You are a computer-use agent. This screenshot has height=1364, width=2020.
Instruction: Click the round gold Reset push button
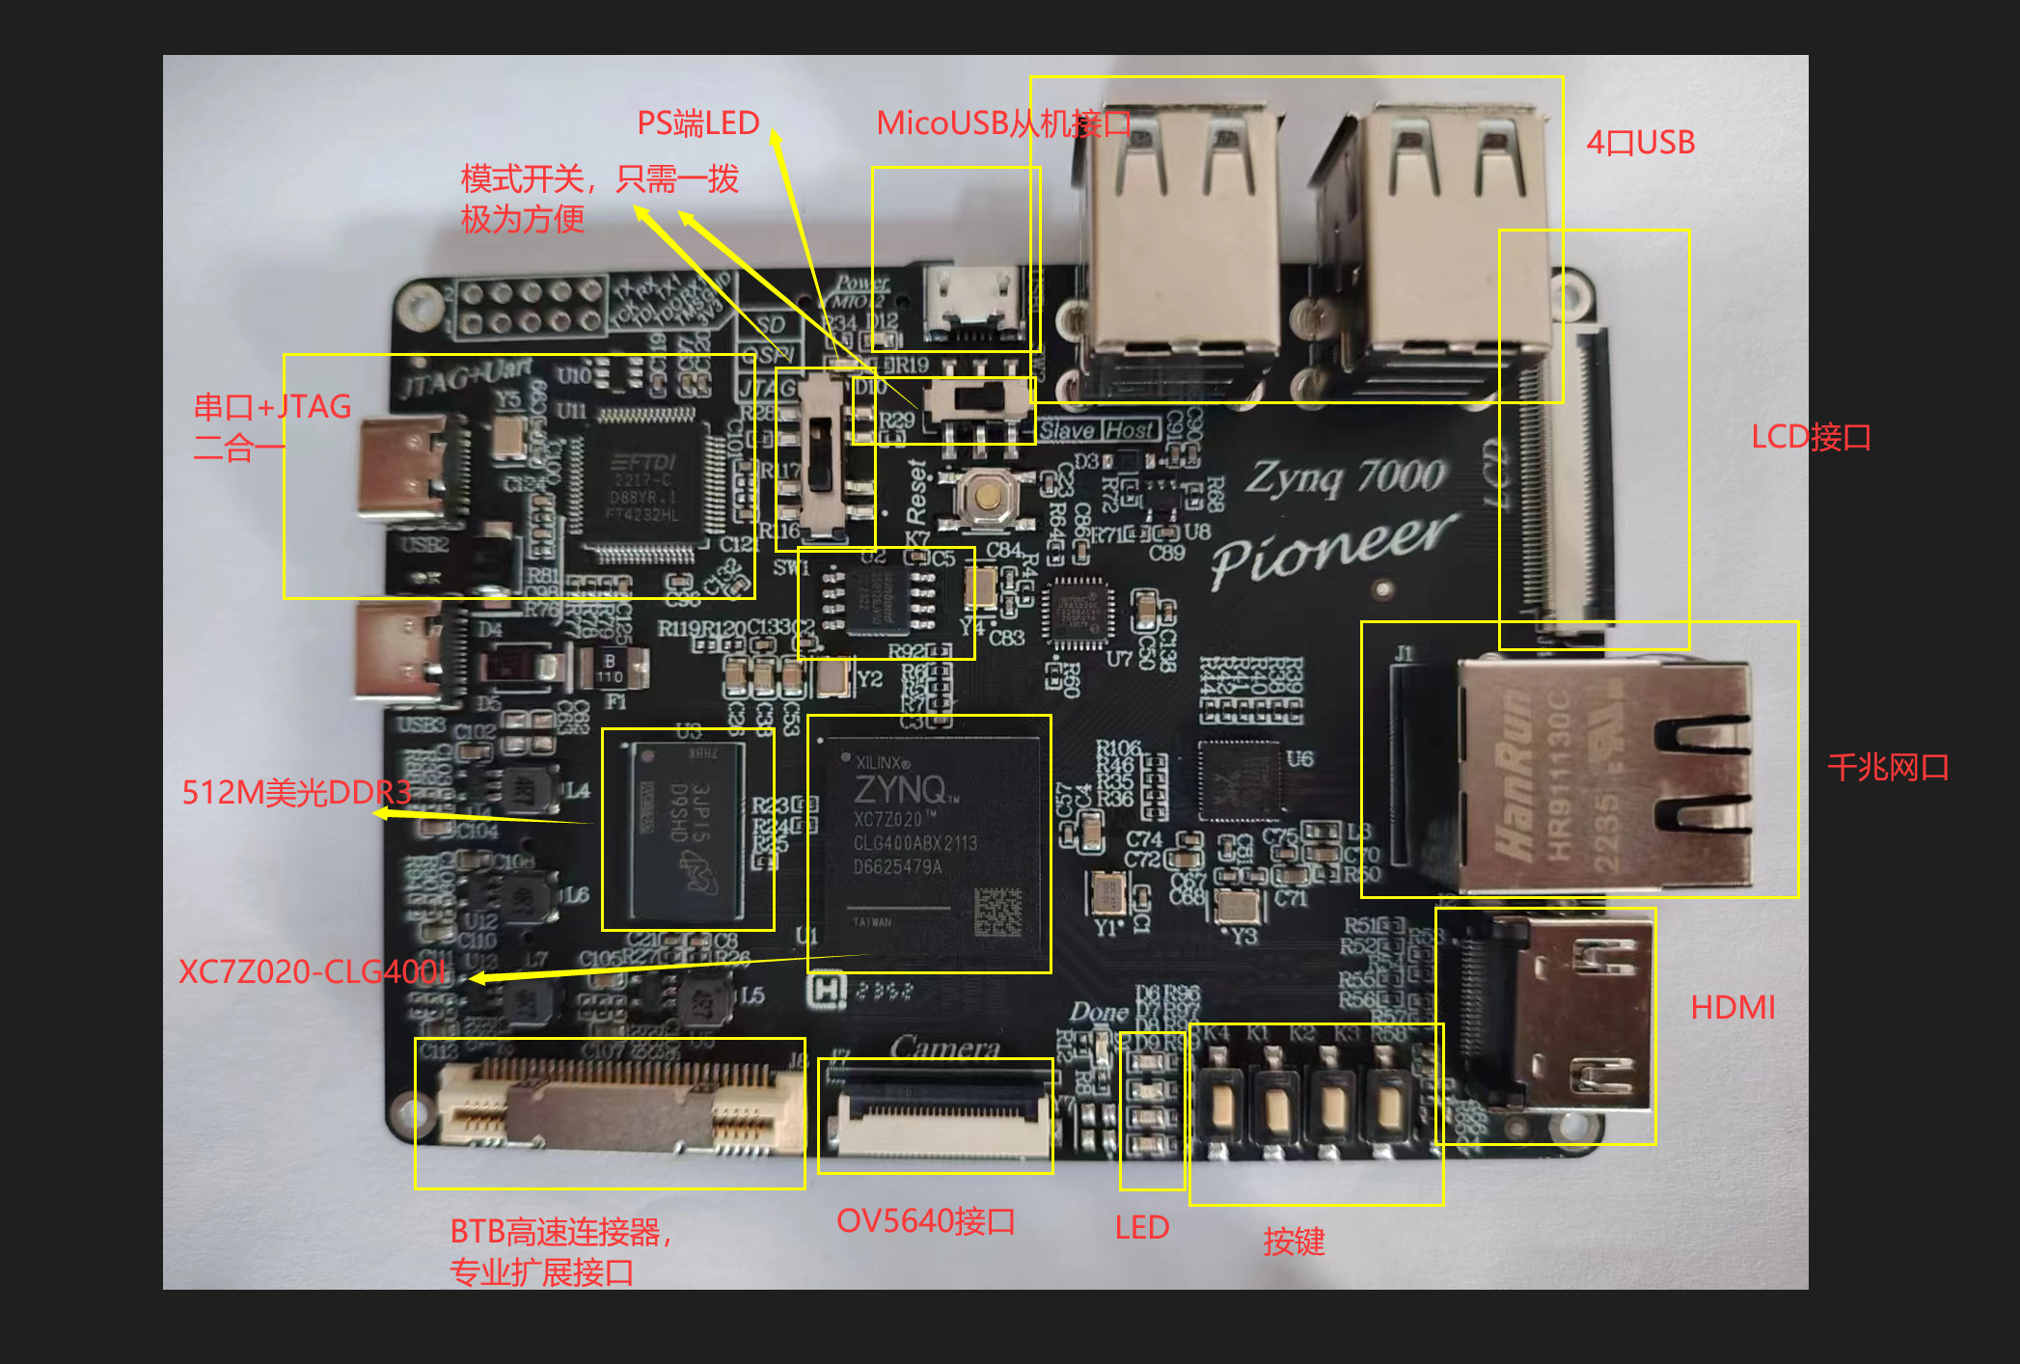(985, 497)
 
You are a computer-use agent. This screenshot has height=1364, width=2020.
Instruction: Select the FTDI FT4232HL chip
(644, 487)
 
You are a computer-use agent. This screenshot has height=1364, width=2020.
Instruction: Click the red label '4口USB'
(1640, 143)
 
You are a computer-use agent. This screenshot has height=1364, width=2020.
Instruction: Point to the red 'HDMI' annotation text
(1733, 1007)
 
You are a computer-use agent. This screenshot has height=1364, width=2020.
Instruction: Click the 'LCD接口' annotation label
(1811, 437)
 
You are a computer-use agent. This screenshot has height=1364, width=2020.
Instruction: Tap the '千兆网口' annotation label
(1888, 768)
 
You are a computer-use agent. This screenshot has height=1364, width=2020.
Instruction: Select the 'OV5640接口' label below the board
(925, 1221)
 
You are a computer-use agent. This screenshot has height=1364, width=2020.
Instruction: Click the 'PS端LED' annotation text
(698, 123)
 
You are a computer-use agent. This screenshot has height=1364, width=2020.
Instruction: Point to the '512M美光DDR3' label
(296, 792)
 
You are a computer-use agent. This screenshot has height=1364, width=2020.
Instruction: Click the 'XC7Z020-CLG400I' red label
(313, 971)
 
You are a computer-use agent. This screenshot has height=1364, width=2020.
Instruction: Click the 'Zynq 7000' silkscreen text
(1346, 477)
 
